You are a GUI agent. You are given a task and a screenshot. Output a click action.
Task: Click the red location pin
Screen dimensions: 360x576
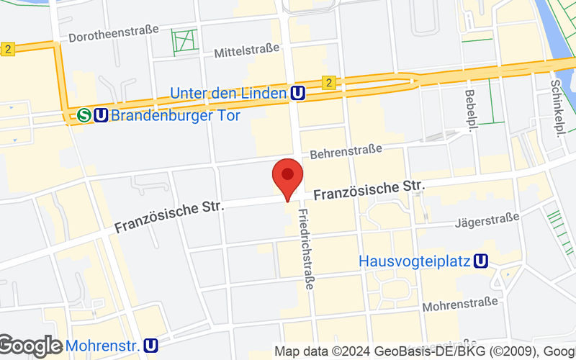coord(287,176)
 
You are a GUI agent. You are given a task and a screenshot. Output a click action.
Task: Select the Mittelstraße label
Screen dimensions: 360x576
coord(246,53)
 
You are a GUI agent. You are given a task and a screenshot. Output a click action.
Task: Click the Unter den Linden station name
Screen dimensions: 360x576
coord(228,93)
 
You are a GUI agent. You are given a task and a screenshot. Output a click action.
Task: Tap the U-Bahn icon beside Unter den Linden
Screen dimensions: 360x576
coord(297,93)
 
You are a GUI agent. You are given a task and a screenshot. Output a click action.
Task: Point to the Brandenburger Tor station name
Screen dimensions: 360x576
coord(166,114)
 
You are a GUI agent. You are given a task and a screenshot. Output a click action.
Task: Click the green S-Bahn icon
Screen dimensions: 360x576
coord(85,114)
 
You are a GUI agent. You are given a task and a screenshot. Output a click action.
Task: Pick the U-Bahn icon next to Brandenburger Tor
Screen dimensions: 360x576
coord(102,114)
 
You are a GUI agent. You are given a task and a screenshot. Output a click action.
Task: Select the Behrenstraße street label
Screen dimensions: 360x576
coord(346,152)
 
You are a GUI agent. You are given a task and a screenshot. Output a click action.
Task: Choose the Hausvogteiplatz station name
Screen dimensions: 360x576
coord(415,261)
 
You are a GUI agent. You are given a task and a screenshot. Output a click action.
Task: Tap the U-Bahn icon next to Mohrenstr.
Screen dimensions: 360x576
coord(151,346)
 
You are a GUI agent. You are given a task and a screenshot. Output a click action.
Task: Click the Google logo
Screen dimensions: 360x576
coord(31,346)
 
